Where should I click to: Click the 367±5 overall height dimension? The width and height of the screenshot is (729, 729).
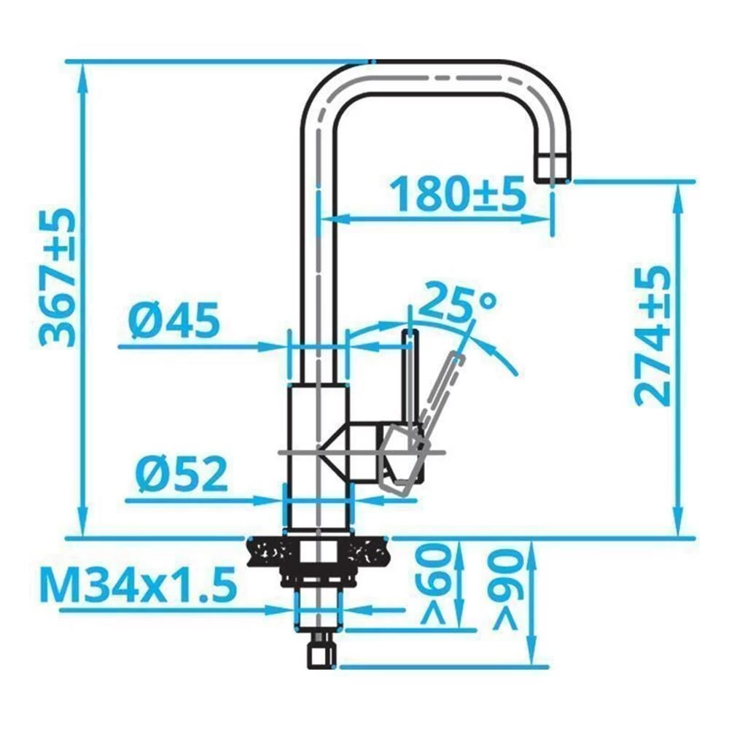point(56,277)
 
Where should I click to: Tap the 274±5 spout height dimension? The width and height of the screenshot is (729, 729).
point(651,335)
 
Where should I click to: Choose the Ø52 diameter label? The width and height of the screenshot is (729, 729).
point(181,476)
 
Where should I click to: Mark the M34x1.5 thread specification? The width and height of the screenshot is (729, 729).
point(139,585)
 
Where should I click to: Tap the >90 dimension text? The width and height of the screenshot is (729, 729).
point(505,589)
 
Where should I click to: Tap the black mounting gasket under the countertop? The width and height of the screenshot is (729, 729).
point(317,552)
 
